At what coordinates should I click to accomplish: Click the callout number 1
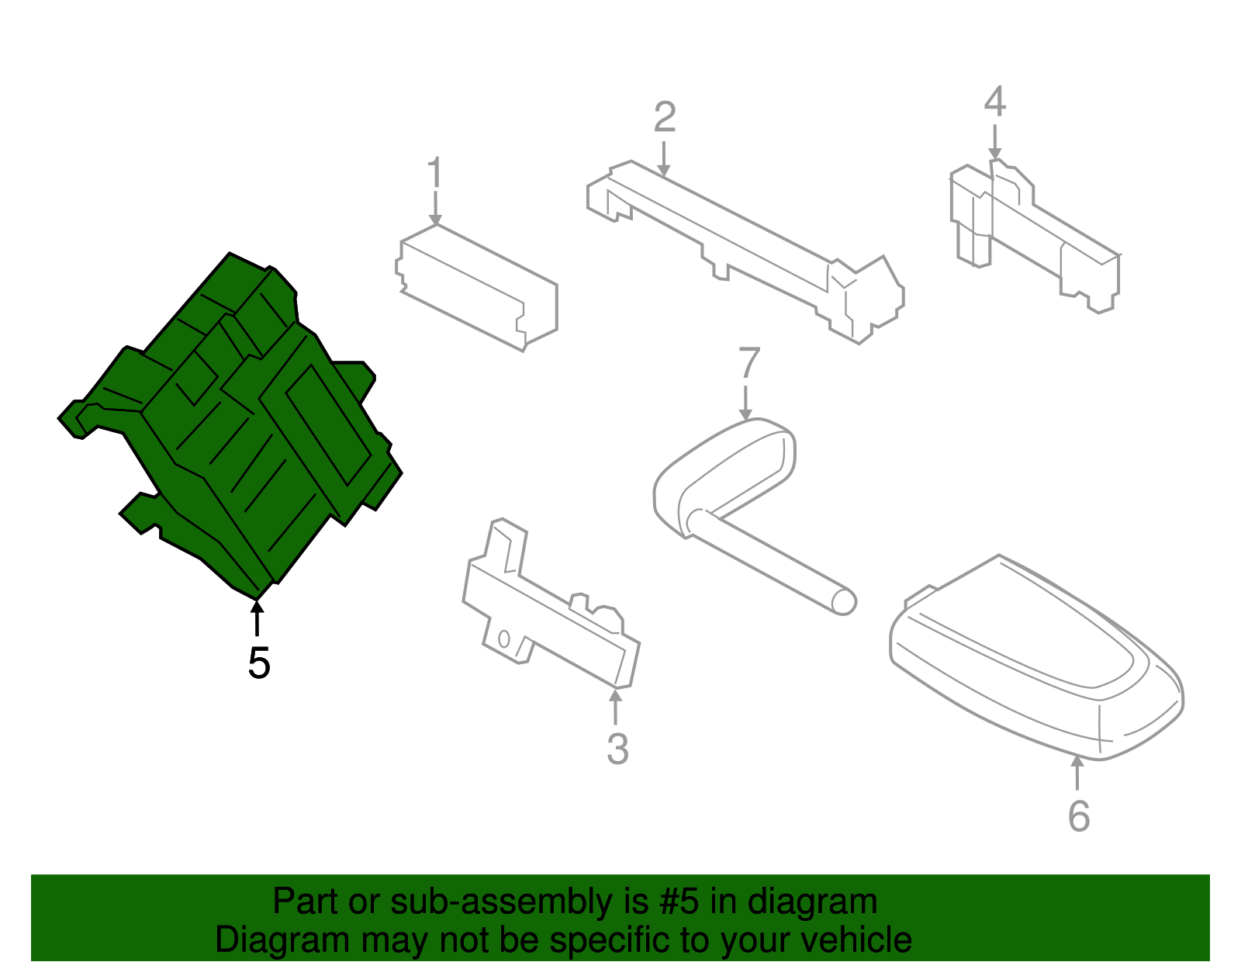tap(435, 171)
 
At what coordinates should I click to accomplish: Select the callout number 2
tap(665, 117)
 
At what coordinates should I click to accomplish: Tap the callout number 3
tap(617, 749)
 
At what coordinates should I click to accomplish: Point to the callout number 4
tap(995, 101)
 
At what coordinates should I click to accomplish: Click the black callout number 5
tap(259, 663)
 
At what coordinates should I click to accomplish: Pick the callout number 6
tap(1079, 816)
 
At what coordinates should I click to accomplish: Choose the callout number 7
tap(749, 362)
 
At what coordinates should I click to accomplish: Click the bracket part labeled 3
tap(551, 605)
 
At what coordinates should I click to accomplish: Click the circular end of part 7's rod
tap(844, 602)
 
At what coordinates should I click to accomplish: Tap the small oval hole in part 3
tap(503, 639)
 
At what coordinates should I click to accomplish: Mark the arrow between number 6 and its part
tap(1077, 773)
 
